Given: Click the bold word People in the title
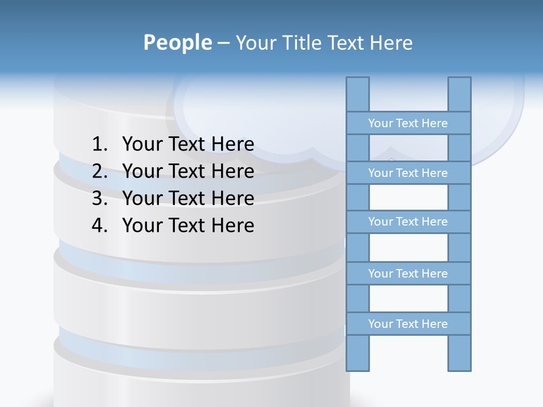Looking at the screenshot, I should [x=177, y=43].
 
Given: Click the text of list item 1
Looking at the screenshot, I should [x=188, y=145].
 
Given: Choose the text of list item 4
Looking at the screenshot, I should [x=188, y=226].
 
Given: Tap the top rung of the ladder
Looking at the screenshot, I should [x=408, y=123].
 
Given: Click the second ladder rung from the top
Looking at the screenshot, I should [x=408, y=173].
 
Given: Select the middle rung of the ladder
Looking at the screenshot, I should [x=408, y=222].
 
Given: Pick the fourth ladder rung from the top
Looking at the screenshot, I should [x=408, y=274].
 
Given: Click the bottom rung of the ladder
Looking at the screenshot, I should [x=408, y=324].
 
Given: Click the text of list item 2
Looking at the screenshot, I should [x=188, y=172].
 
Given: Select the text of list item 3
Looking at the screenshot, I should [x=188, y=199].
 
